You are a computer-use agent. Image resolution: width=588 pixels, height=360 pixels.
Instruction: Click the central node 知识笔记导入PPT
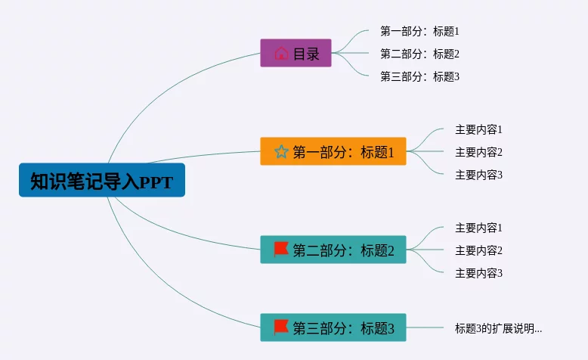(101, 181)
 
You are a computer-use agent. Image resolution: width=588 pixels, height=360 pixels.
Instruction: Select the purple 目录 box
(296, 53)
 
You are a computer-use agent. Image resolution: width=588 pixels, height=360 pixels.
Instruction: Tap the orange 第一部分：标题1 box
(333, 151)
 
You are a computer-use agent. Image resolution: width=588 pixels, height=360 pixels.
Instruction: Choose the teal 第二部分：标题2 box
(333, 250)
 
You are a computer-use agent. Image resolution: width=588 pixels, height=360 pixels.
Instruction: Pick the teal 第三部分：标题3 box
(333, 327)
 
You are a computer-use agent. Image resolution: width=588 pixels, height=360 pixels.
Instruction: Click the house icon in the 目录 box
(281, 54)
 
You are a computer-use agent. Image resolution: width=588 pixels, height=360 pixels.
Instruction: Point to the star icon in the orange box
(281, 152)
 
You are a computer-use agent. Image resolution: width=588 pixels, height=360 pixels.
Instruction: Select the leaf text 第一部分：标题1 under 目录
(419, 31)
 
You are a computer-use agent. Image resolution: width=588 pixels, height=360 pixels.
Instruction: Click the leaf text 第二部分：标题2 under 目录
(419, 54)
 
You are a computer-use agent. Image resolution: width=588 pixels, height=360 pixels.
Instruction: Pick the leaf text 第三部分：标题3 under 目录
(419, 76)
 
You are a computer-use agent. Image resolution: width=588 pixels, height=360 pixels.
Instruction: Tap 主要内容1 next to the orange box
(478, 129)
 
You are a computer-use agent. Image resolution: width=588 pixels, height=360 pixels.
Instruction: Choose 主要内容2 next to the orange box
(478, 152)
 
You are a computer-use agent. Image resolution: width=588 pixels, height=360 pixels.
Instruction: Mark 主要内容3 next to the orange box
(478, 175)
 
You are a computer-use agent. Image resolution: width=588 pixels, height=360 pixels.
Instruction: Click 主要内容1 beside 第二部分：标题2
(478, 228)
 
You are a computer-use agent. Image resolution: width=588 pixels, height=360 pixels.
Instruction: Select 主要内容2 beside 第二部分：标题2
(478, 250)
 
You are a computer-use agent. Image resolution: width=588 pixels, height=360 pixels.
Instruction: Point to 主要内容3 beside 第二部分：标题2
(478, 273)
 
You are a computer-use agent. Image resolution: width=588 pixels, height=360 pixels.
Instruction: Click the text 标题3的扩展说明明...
(498, 328)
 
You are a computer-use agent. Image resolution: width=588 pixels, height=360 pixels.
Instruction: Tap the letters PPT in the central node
(156, 182)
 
